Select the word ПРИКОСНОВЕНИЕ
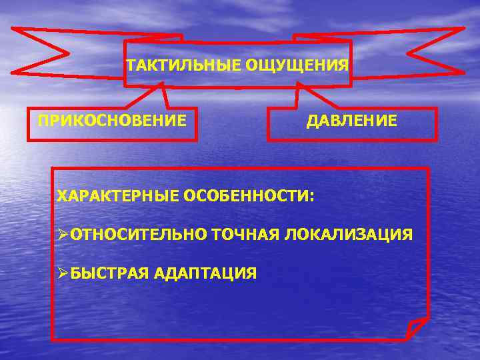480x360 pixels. click(112, 121)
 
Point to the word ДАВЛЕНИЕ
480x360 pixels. click(352, 121)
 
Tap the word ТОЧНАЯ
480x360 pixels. click(249, 235)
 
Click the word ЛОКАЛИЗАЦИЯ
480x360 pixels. click(349, 235)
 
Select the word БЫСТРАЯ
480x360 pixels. click(109, 273)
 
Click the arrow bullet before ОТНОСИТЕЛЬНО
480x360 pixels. click(63, 235)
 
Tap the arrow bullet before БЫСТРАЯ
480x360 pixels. click(63, 273)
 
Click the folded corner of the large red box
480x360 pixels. click(417, 328)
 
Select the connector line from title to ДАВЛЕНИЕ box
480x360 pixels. click(299, 97)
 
